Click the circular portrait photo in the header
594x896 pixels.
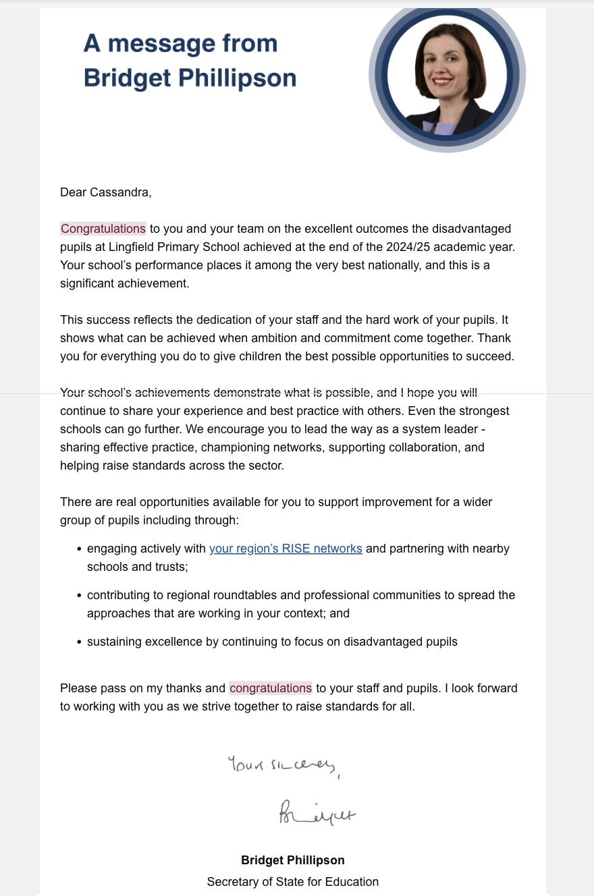(x=447, y=75)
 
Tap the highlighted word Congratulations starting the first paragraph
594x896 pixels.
(x=103, y=229)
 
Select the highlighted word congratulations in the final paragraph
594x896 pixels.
(x=271, y=688)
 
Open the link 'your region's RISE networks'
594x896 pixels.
(x=286, y=549)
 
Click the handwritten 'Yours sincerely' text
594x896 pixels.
(x=283, y=766)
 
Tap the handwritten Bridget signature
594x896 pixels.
(x=317, y=813)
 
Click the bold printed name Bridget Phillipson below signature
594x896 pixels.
(x=293, y=860)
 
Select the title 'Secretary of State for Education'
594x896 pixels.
(x=293, y=882)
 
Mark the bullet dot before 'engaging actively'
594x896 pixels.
(x=80, y=549)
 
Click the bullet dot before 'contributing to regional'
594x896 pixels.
(x=80, y=596)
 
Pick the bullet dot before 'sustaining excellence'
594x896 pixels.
(x=80, y=642)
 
